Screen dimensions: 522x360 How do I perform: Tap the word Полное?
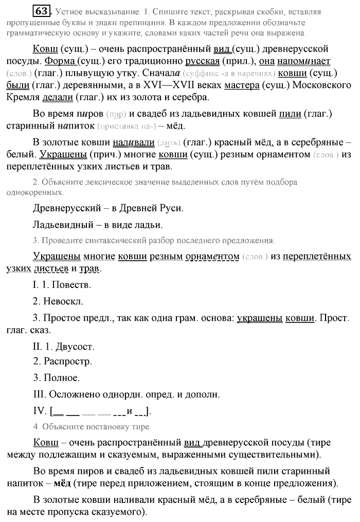click(61, 378)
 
